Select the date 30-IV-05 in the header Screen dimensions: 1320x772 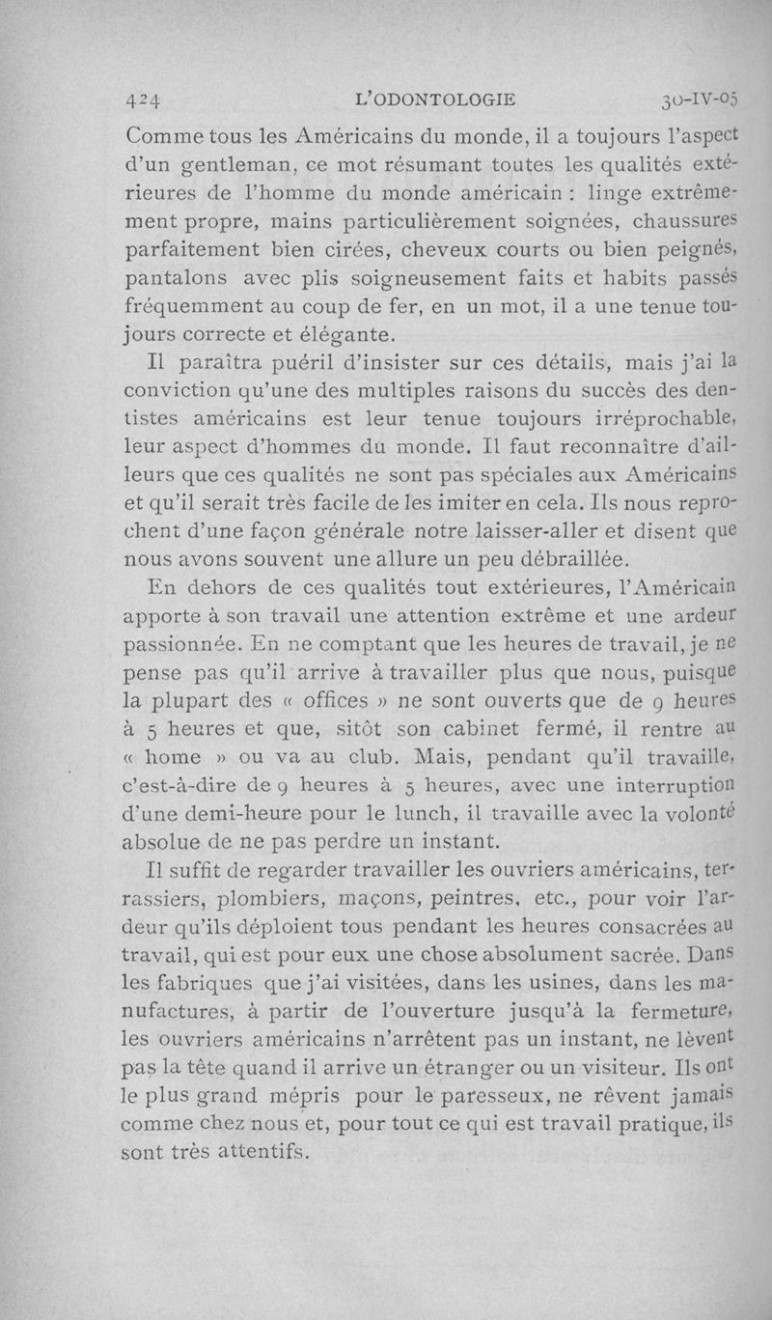(700, 98)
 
